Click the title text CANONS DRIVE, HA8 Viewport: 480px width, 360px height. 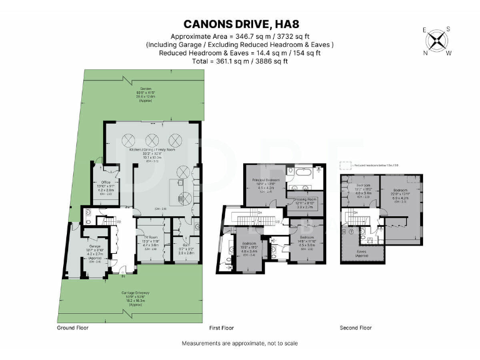240,25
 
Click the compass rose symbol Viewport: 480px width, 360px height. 438,41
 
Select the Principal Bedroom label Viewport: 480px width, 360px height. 266,180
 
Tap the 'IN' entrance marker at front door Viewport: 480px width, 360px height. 123,276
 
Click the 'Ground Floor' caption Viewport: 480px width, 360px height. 74,327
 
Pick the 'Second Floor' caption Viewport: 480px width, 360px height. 356,327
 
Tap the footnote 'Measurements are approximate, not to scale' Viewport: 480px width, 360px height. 240,343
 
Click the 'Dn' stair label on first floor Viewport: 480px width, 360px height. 259,213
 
